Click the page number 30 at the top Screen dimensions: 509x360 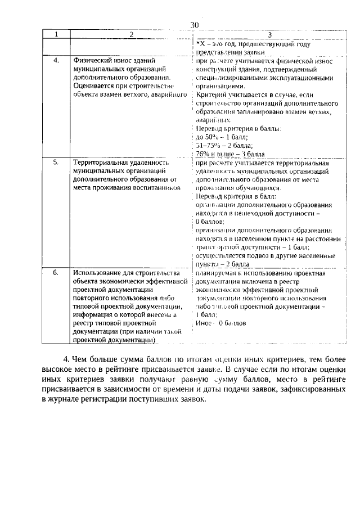195,25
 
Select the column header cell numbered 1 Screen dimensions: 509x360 56,35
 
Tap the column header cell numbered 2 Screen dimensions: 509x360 131,35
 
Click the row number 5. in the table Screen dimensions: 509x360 56,163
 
